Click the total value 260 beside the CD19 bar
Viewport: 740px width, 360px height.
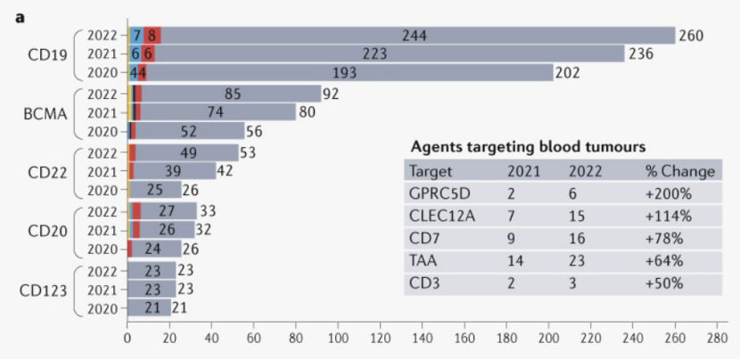tap(691, 36)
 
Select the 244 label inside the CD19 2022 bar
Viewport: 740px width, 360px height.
tap(413, 36)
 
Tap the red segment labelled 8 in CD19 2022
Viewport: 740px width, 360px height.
tap(153, 36)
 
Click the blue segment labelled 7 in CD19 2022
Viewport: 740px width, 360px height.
tap(136, 36)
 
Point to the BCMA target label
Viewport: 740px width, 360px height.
tap(42, 113)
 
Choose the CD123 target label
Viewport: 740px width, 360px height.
tap(42, 290)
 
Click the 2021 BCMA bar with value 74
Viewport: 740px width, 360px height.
tap(215, 112)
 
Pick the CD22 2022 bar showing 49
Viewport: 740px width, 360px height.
tap(187, 152)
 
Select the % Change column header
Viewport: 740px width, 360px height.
tap(679, 171)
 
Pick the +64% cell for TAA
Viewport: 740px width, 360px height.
tap(664, 262)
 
